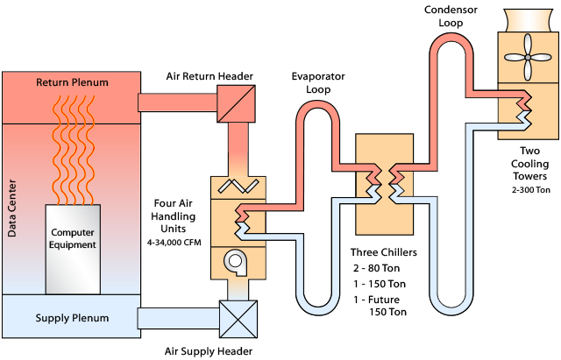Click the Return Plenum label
coord(72,83)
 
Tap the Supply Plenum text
coord(72,317)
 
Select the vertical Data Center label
coord(12,210)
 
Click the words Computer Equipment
coord(73,238)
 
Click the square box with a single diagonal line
coord(235,102)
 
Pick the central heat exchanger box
coord(383,185)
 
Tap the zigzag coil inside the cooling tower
coord(524,108)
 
